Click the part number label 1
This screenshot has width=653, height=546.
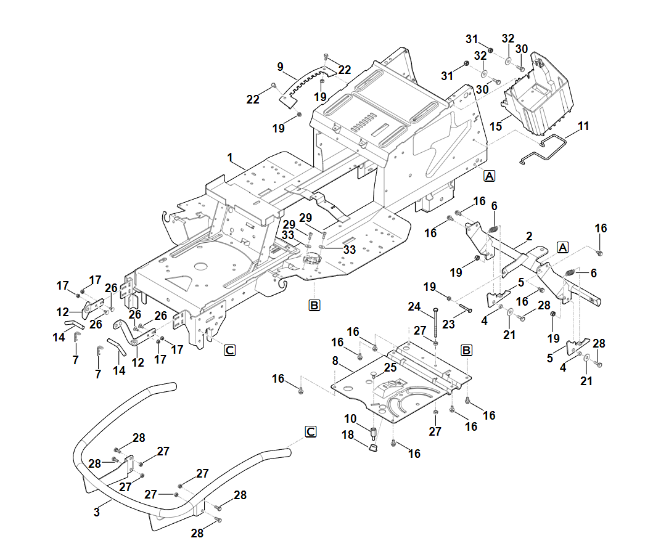230,158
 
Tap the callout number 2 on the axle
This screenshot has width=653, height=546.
529,236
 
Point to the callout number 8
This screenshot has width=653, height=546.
335,361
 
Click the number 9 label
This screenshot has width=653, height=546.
280,67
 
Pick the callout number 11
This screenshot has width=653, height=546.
583,126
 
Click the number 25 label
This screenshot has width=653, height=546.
390,368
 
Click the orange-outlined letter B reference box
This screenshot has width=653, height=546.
314,305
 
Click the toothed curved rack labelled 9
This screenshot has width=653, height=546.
302,87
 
